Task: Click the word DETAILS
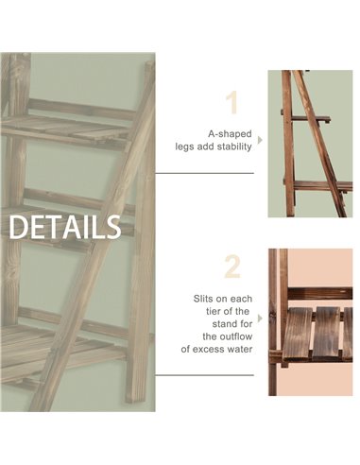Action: [x=65, y=227]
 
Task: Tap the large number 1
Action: [x=232, y=102]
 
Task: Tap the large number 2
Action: [x=232, y=267]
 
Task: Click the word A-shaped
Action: [x=230, y=134]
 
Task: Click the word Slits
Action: [x=204, y=299]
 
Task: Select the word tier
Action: [x=213, y=311]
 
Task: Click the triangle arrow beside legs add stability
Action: [x=260, y=140]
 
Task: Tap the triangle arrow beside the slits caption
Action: [x=260, y=319]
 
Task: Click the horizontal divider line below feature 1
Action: [x=204, y=173]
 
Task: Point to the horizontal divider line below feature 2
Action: [x=204, y=375]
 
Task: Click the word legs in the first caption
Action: [x=184, y=147]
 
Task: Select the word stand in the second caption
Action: [x=225, y=324]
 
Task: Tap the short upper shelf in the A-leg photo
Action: [x=310, y=119]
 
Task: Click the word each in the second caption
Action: [x=241, y=299]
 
